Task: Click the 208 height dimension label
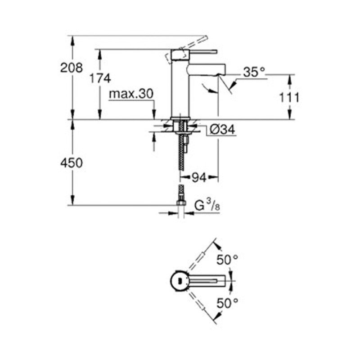click(x=72, y=68)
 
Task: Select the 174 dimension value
click(x=99, y=78)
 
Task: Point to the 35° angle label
click(x=254, y=72)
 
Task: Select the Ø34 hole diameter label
click(x=222, y=130)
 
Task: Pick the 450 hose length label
click(x=72, y=163)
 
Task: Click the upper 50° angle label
click(x=227, y=260)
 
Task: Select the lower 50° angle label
click(x=227, y=303)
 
